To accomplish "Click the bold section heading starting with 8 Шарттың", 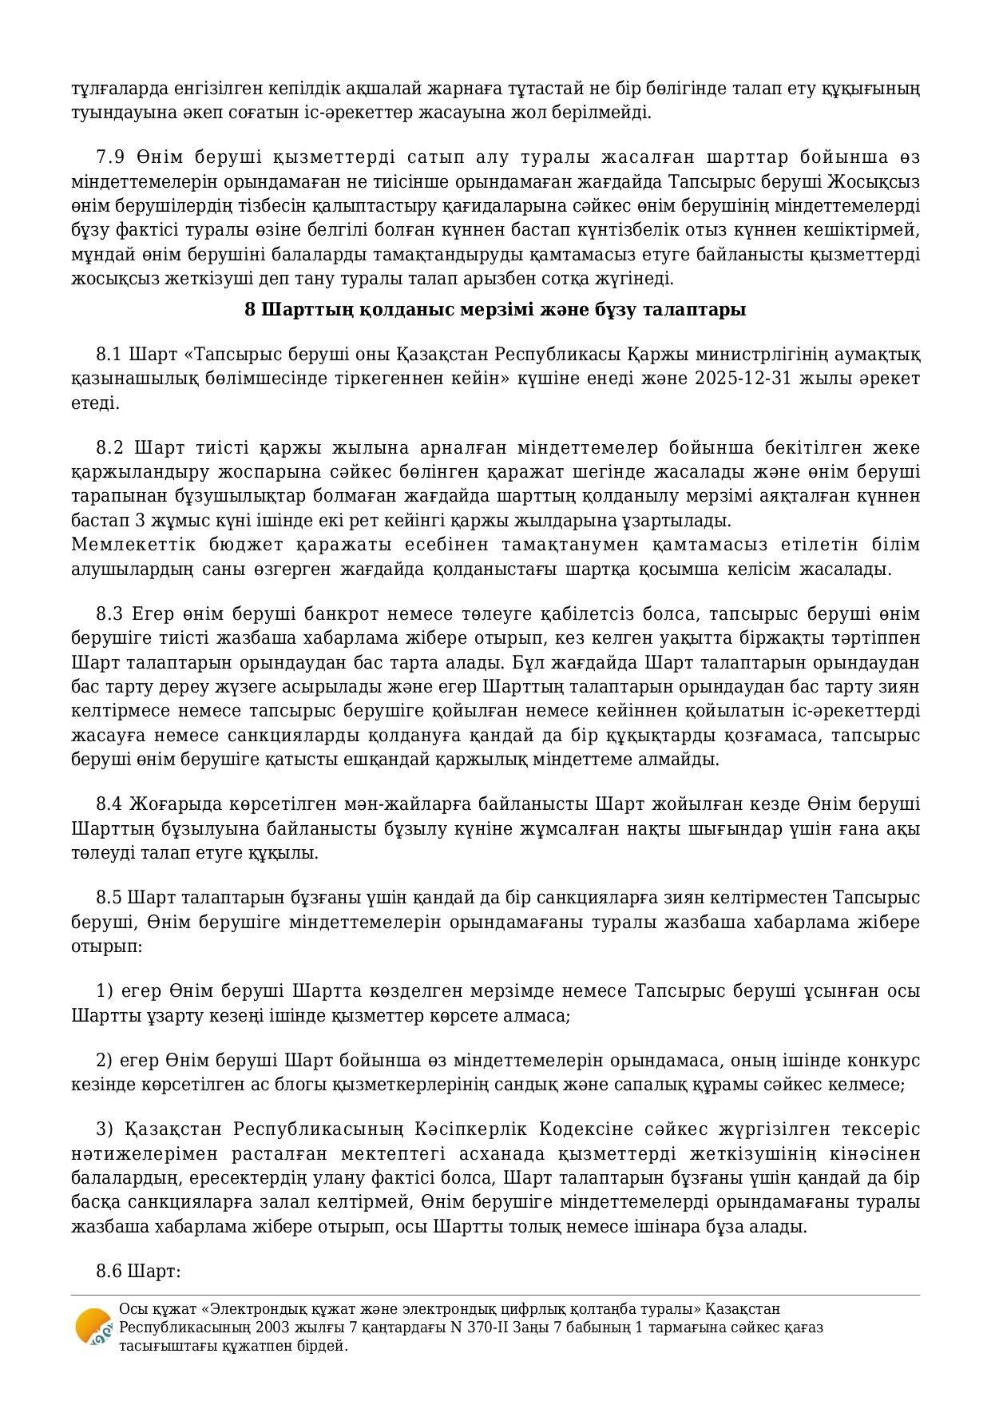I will pos(495,309).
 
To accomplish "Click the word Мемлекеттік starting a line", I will pos(120,545).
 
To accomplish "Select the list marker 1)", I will pos(105,991).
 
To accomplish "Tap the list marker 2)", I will pos(105,1061).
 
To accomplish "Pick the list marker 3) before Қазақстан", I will pos(105,1129).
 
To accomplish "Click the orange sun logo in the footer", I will pos(93,1327).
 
